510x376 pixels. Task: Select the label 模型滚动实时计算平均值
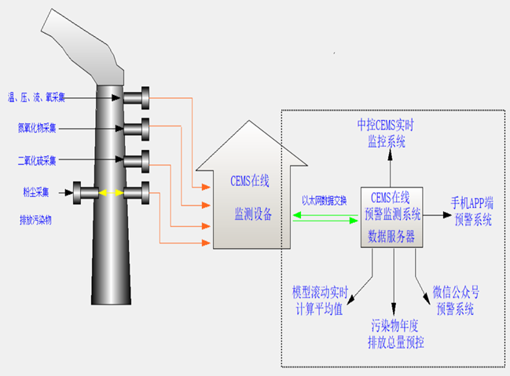click(318, 300)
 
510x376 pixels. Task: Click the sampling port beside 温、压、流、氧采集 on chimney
click(138, 97)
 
